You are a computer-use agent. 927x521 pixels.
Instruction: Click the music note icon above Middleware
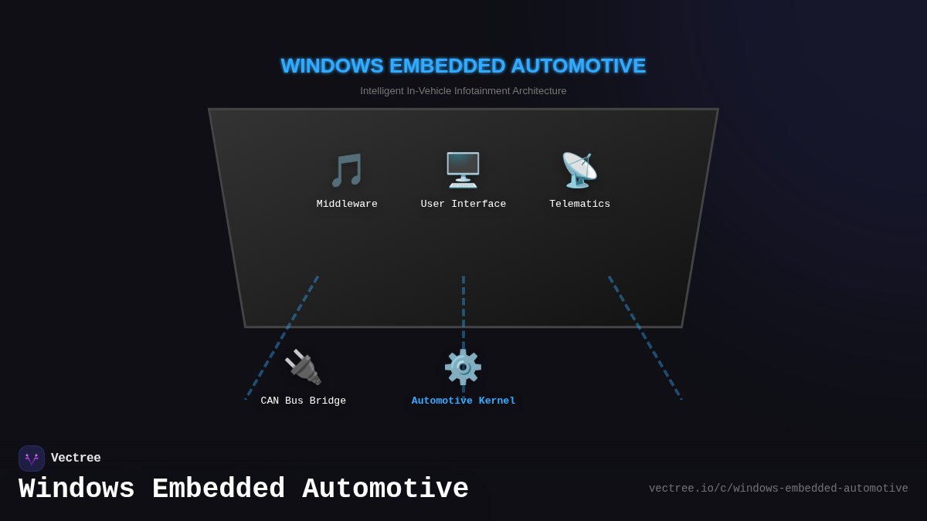347,170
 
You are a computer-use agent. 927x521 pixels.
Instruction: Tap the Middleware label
347,205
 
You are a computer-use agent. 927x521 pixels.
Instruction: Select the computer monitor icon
463,170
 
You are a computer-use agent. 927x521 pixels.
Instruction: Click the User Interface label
463,205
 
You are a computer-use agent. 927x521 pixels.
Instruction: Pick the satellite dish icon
579,170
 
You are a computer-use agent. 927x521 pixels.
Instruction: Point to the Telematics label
579,205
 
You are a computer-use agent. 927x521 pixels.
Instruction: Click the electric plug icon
303,367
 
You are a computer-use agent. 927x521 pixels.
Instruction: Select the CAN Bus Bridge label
303,401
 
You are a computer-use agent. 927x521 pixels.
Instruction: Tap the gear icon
463,367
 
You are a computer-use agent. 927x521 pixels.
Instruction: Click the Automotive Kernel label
463,401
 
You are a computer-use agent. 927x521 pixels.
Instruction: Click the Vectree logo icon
32,458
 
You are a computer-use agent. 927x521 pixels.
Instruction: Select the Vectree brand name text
76,458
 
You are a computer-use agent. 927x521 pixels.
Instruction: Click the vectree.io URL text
778,489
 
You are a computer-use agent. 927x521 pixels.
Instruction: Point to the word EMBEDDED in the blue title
447,66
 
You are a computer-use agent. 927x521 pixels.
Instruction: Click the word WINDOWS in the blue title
332,66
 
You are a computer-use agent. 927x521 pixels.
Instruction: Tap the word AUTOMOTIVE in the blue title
578,66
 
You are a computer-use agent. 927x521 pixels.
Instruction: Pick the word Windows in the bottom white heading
76,489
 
